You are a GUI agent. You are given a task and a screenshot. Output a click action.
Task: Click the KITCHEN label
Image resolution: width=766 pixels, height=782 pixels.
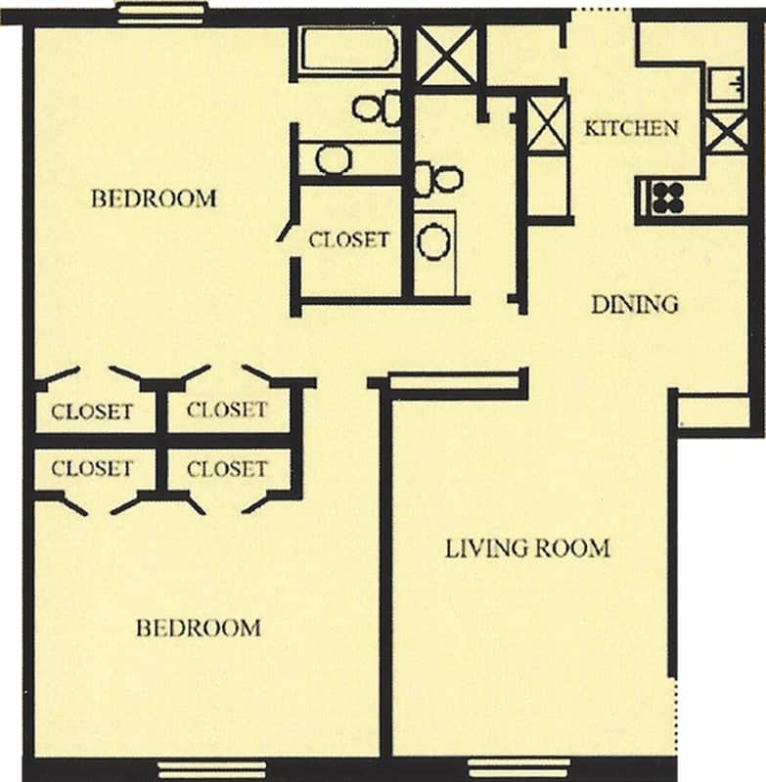631,128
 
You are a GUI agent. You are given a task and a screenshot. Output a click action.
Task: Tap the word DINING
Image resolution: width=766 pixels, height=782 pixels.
634,304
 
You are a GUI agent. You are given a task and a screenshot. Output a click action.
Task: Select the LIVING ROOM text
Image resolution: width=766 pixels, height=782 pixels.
527,548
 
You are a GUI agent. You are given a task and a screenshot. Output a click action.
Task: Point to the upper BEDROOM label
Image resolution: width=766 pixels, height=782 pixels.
154,199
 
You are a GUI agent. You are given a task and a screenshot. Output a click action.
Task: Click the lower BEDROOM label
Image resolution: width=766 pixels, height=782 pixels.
199,628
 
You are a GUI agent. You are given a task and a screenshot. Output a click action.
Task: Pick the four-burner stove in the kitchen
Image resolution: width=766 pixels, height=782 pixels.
667,198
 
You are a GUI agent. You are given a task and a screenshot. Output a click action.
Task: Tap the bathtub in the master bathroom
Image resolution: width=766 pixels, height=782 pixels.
347,49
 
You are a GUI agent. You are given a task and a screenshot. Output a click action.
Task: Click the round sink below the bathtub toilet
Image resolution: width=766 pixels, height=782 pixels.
335,158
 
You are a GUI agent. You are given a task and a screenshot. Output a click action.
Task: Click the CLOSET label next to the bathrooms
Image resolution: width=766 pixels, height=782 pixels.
349,239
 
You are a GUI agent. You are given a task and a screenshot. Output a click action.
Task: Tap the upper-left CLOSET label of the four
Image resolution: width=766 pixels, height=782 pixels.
92,412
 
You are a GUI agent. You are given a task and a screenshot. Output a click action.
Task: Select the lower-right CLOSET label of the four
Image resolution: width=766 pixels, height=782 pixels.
227,469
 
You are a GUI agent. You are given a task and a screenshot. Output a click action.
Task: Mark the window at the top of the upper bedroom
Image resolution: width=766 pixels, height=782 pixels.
161,13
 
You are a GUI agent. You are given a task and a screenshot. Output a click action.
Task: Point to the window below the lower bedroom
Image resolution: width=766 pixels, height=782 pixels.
211,770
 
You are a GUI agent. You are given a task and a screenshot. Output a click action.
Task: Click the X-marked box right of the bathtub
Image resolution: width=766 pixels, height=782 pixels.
448,55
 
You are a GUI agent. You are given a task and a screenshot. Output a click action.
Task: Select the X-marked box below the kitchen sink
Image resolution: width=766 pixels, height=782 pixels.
726,133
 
